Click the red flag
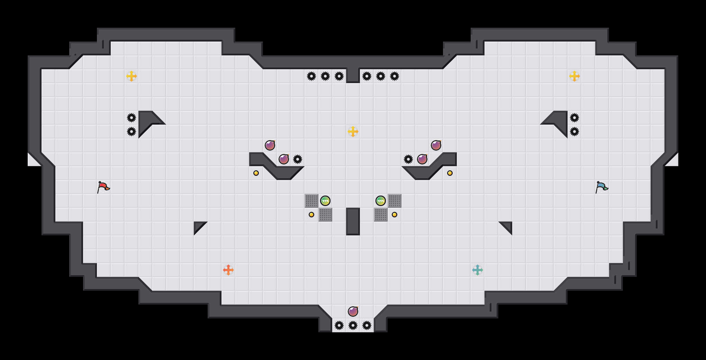[x=103, y=187]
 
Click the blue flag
[x=601, y=187]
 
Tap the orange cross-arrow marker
[x=228, y=270]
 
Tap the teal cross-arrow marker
[x=478, y=270]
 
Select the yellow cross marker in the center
[x=353, y=132]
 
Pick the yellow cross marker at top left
[x=132, y=76]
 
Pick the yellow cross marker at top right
[x=574, y=76]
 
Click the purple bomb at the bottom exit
[x=353, y=312]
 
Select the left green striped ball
[x=325, y=201]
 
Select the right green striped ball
[x=381, y=201]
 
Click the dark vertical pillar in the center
[x=353, y=222]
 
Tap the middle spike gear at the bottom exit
[x=353, y=325]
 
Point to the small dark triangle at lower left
[x=198, y=226]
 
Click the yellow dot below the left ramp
[x=256, y=173]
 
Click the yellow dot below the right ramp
[x=450, y=173]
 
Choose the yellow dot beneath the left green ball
[x=311, y=215]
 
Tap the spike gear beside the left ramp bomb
[x=298, y=159]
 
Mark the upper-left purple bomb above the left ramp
[x=270, y=145]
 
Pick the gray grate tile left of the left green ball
[x=311, y=201]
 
